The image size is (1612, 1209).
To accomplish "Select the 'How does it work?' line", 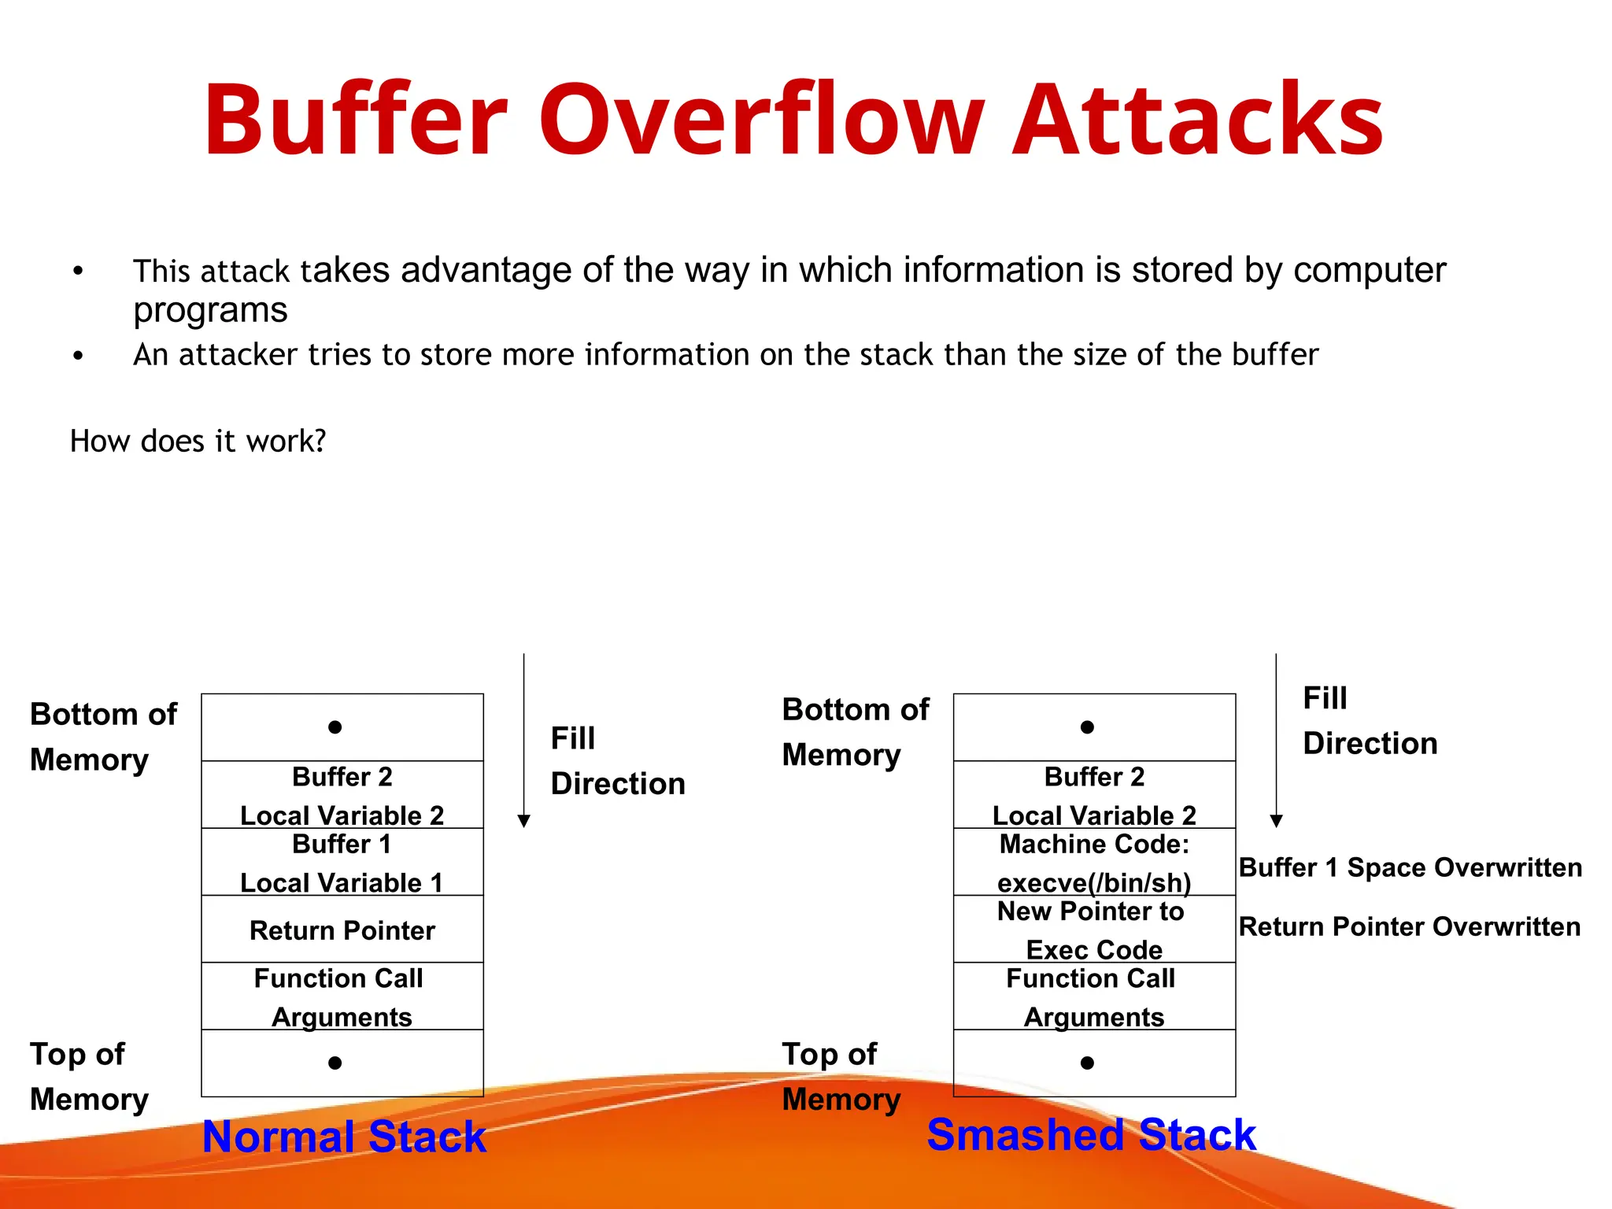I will point(198,441).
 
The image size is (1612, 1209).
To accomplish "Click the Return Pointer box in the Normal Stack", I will point(342,930).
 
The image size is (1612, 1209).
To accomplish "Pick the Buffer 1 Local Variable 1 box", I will point(342,863).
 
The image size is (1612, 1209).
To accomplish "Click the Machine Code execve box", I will point(1094,863).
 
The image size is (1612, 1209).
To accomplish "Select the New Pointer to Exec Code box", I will point(1094,930).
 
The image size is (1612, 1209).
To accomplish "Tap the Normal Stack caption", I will point(344,1137).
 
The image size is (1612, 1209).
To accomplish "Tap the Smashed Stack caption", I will point(1091,1135).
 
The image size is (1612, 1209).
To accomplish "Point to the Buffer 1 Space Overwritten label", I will point(1410,867).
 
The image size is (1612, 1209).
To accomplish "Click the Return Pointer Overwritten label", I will point(1409,926).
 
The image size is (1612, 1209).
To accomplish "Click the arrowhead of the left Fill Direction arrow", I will point(524,822).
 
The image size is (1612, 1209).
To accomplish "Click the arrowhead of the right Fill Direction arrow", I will point(1277,822).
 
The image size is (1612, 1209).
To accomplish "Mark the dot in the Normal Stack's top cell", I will point(335,727).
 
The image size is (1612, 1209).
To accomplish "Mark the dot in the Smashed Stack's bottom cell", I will point(1087,1063).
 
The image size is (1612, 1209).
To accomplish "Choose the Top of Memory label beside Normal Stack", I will point(88,1076).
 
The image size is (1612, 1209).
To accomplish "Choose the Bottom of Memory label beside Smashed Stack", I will point(855,732).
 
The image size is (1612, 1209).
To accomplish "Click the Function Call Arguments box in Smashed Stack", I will point(1094,996).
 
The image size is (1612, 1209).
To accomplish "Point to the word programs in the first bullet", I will point(210,311).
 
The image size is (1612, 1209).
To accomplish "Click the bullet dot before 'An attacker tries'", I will point(78,356).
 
